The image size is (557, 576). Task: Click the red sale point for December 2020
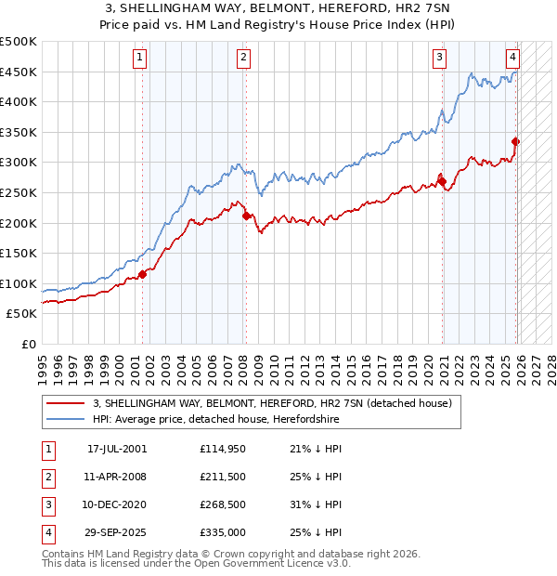click(442, 181)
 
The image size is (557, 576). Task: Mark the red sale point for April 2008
click(246, 216)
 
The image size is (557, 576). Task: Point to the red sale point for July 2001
click(143, 274)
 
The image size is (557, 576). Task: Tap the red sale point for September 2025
click(516, 141)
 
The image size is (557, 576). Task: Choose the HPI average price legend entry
click(216, 420)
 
